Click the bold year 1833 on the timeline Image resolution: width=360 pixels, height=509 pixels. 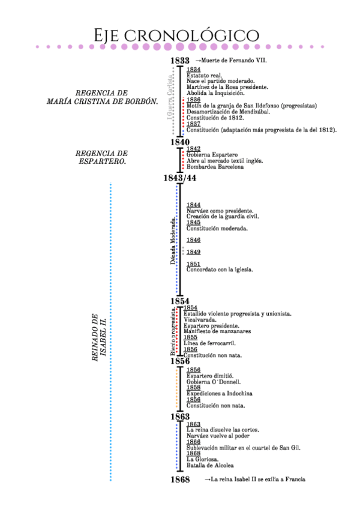pos(179,61)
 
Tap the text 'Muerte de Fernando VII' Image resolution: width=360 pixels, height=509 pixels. pos(235,61)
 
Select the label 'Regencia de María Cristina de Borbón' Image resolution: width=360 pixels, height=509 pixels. pos(102,97)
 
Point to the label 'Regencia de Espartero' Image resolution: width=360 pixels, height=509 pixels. pos(102,157)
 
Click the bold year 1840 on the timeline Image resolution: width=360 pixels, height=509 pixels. pos(179,142)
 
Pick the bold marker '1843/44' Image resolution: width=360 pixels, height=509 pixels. pos(179,178)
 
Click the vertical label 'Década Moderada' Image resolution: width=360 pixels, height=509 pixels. pos(173,241)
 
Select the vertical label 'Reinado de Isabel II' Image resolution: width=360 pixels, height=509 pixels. pos(98,337)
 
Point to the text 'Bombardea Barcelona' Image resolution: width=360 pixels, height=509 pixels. pos(215,167)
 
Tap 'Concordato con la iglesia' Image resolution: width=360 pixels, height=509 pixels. pos(220,270)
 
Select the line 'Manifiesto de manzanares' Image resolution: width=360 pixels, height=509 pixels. pos(217,331)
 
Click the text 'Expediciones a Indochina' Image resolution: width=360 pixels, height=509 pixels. pos(219,393)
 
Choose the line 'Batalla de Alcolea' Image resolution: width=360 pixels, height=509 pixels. pos(210,465)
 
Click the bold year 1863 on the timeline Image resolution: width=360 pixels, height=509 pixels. pos(179,417)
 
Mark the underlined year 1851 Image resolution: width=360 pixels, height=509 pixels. pos(193,264)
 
